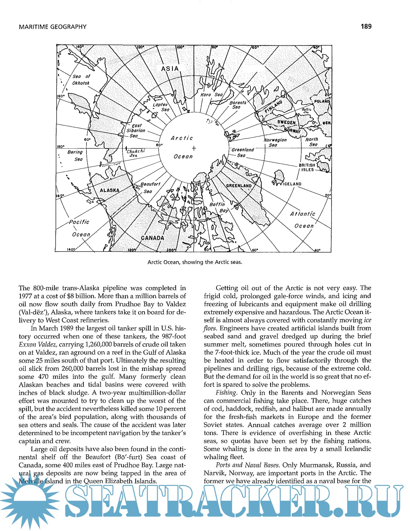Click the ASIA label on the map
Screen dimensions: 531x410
pyautogui.click(x=170, y=69)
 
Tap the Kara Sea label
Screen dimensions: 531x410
pyautogui.click(x=211, y=95)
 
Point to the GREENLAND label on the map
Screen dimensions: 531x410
pyautogui.click(x=239, y=186)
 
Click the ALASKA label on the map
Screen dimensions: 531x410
pyautogui.click(x=110, y=190)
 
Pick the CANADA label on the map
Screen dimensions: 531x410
pyautogui.click(x=152, y=238)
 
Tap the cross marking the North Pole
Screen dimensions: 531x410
pyautogui.click(x=194, y=148)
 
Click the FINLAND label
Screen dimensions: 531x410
pyautogui.click(x=273, y=107)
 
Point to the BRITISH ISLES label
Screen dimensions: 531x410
pyautogui.click(x=307, y=167)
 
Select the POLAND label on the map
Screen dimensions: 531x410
pyautogui.click(x=322, y=101)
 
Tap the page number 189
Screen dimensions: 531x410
pyautogui.click(x=366, y=26)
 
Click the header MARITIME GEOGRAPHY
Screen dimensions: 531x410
pyautogui.click(x=53, y=27)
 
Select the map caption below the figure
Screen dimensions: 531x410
pyautogui.click(x=195, y=262)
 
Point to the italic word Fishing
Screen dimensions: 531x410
pyautogui.click(x=226, y=393)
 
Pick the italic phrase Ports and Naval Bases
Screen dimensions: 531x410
pyautogui.click(x=248, y=465)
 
